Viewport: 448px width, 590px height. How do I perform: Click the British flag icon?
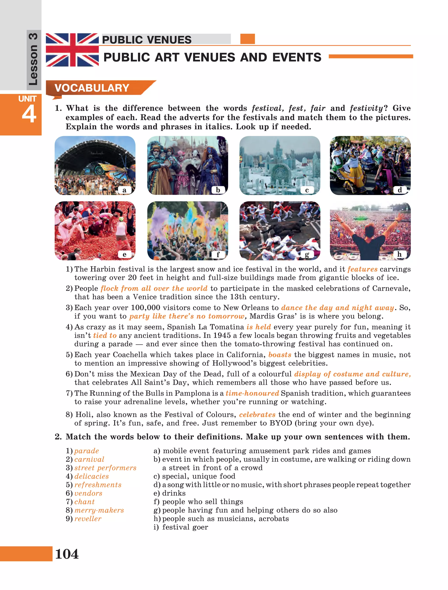click(72, 50)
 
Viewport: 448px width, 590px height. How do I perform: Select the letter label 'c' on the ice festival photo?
click(307, 190)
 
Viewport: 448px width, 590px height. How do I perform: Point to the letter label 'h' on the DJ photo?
click(399, 254)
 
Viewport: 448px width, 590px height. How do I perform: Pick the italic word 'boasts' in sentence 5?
click(280, 355)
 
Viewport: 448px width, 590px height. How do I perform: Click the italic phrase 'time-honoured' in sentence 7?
click(252, 393)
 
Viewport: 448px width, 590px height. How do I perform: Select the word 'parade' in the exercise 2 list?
click(86, 451)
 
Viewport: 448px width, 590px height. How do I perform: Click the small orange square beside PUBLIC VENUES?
click(247, 39)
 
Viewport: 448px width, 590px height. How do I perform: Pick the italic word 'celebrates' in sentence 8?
click(257, 415)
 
